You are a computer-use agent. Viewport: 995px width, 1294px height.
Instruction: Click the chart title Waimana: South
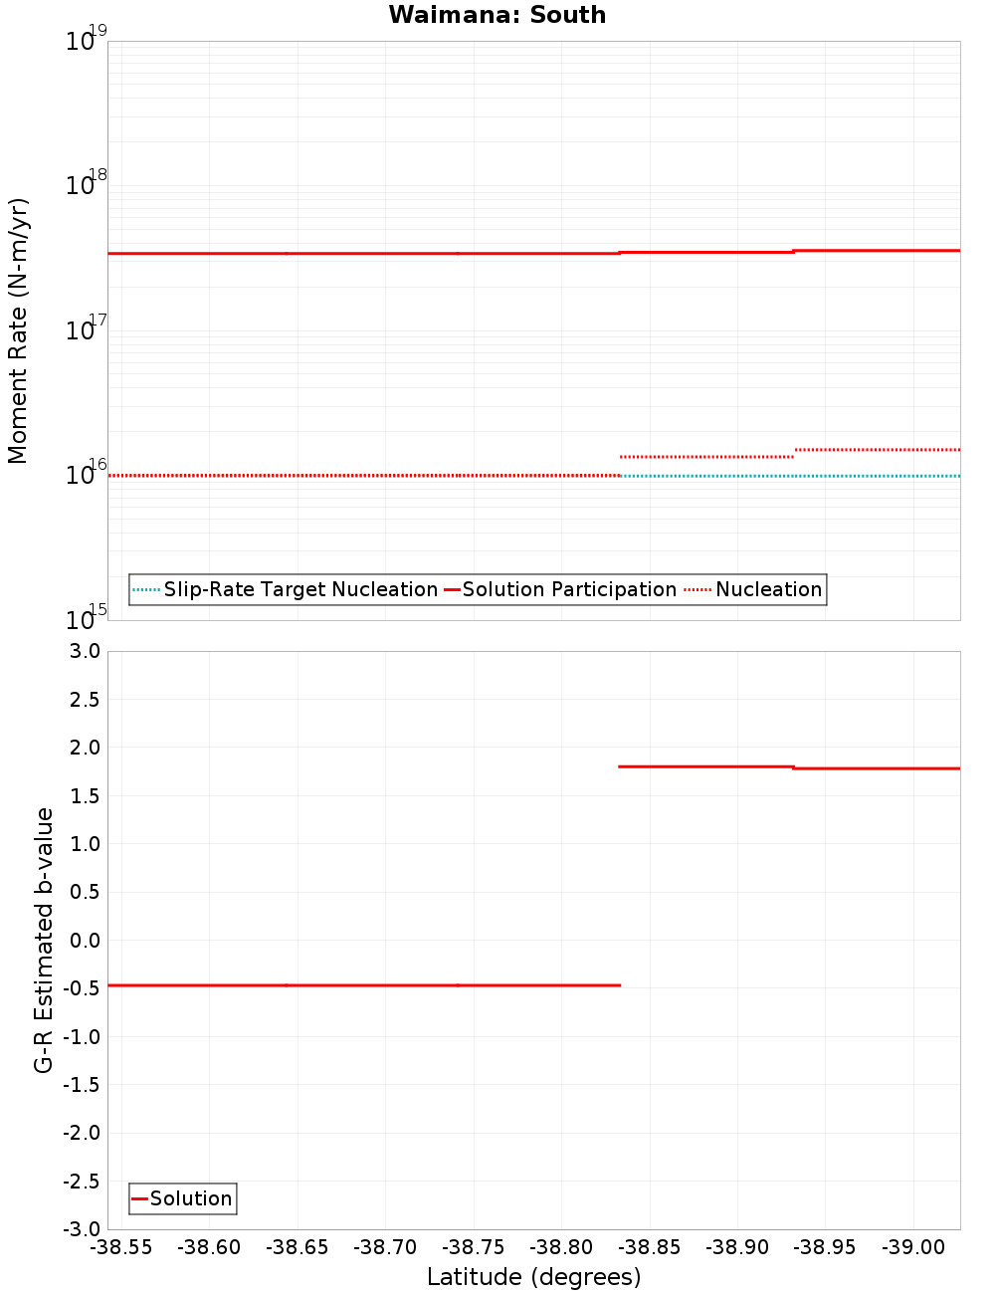[497, 15]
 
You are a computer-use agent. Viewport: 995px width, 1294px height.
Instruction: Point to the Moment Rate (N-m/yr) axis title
[18, 330]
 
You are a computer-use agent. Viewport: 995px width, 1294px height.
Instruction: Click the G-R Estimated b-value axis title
[44, 940]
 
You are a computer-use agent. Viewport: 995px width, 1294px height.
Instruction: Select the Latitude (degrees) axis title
[533, 1277]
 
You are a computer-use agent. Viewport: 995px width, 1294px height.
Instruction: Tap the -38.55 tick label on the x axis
[121, 1247]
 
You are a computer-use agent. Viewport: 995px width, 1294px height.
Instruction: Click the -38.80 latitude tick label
[561, 1247]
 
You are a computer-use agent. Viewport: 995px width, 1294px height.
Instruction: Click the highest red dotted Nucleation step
[877, 450]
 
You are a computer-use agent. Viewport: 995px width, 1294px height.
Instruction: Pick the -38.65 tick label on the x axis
[298, 1247]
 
